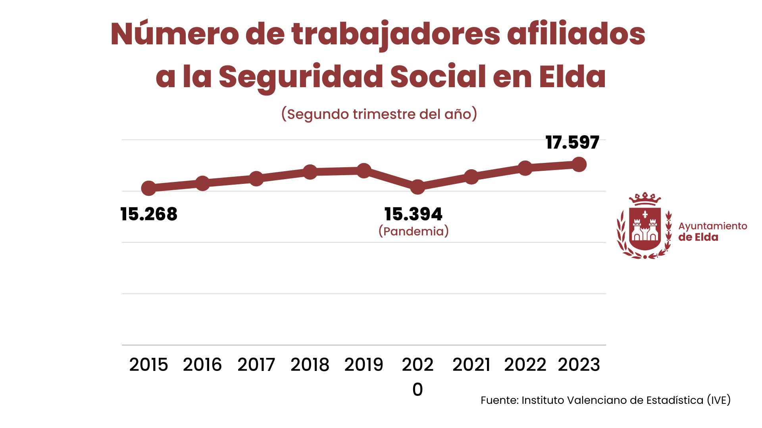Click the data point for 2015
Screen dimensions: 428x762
pyautogui.click(x=149, y=188)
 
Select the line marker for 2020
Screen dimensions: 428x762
pyautogui.click(x=418, y=187)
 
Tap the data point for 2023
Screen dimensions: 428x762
pyautogui.click(x=579, y=164)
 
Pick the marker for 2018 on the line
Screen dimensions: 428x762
pyautogui.click(x=310, y=172)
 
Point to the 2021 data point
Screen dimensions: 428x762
pyautogui.click(x=471, y=177)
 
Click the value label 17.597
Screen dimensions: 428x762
pyautogui.click(x=572, y=143)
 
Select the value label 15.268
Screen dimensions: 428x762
pyautogui.click(x=149, y=214)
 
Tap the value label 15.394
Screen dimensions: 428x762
pyautogui.click(x=414, y=214)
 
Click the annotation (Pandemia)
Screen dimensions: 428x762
pyautogui.click(x=414, y=231)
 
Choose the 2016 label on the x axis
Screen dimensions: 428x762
pyautogui.click(x=202, y=365)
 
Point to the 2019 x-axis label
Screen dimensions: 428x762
pyautogui.click(x=364, y=365)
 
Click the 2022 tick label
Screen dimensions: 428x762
pyautogui.click(x=525, y=365)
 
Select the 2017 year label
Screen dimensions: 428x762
pyautogui.click(x=256, y=365)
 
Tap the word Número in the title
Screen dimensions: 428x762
pyautogui.click(x=175, y=34)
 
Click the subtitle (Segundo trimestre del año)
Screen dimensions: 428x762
pyautogui.click(x=379, y=114)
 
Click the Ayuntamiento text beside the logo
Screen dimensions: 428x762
pyautogui.click(x=712, y=226)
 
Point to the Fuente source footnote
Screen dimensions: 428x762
pyautogui.click(x=605, y=400)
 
